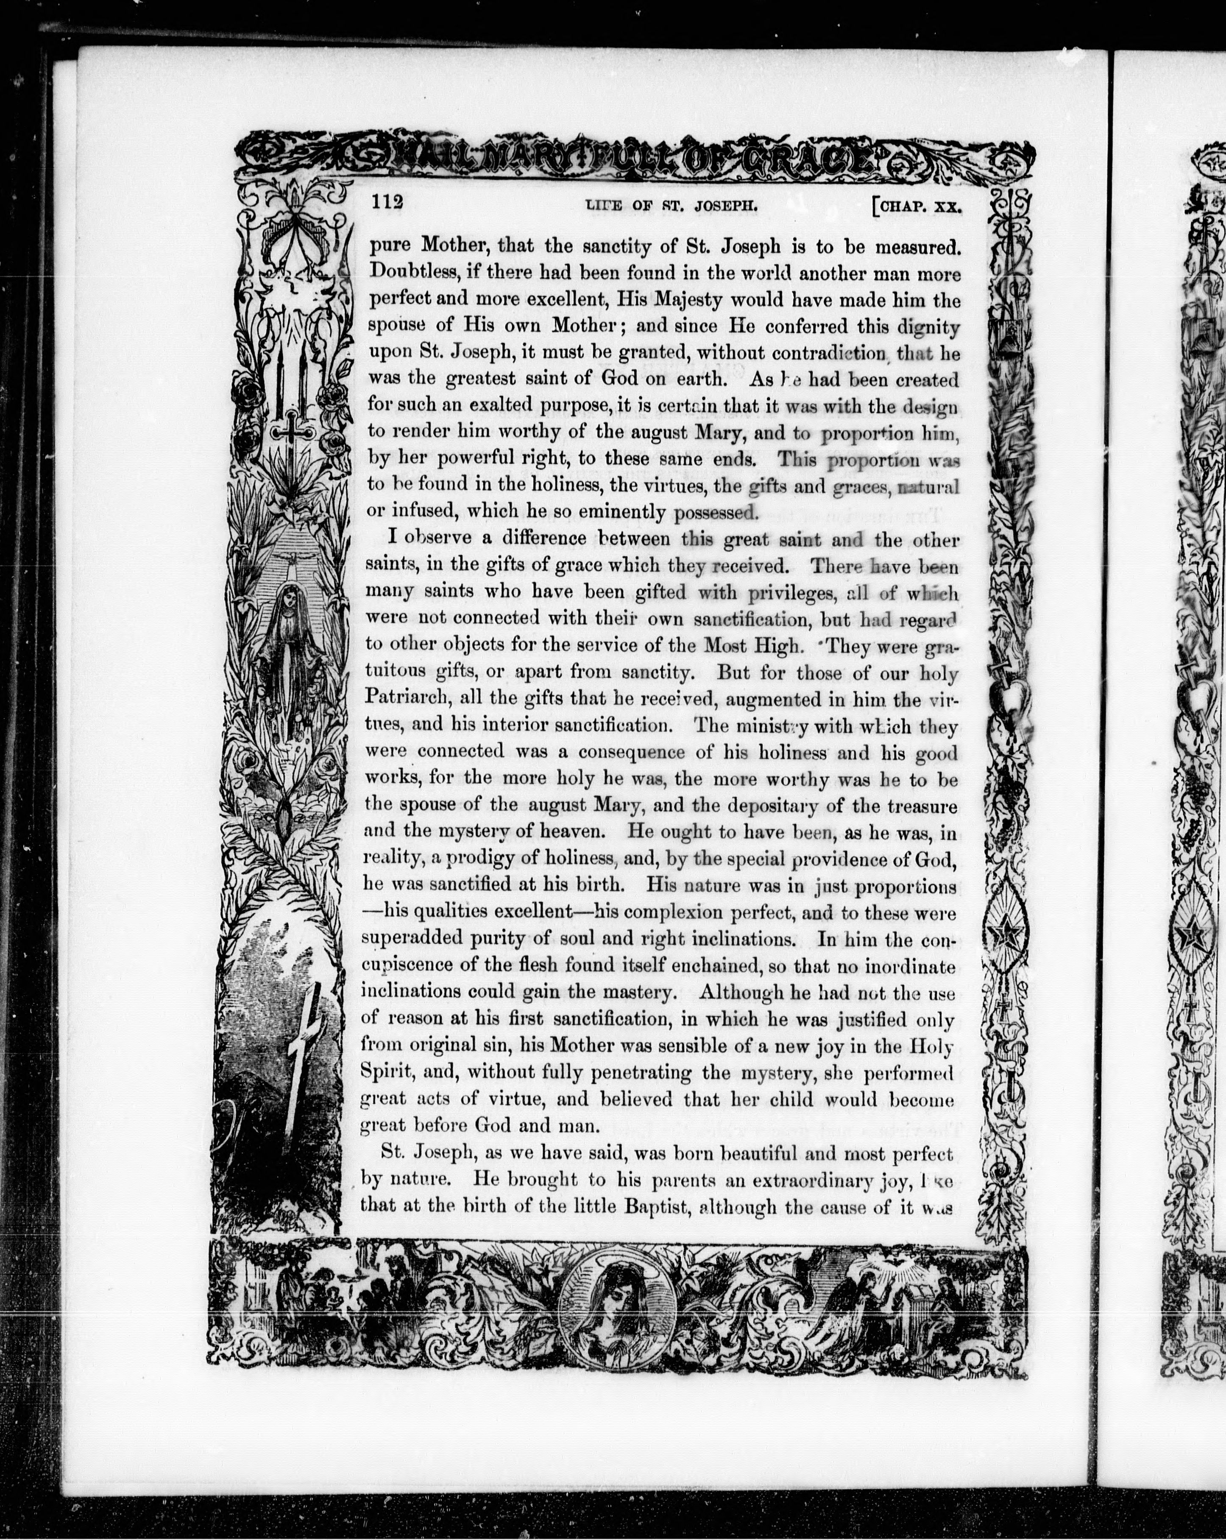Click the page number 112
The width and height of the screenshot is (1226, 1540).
coord(387,202)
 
